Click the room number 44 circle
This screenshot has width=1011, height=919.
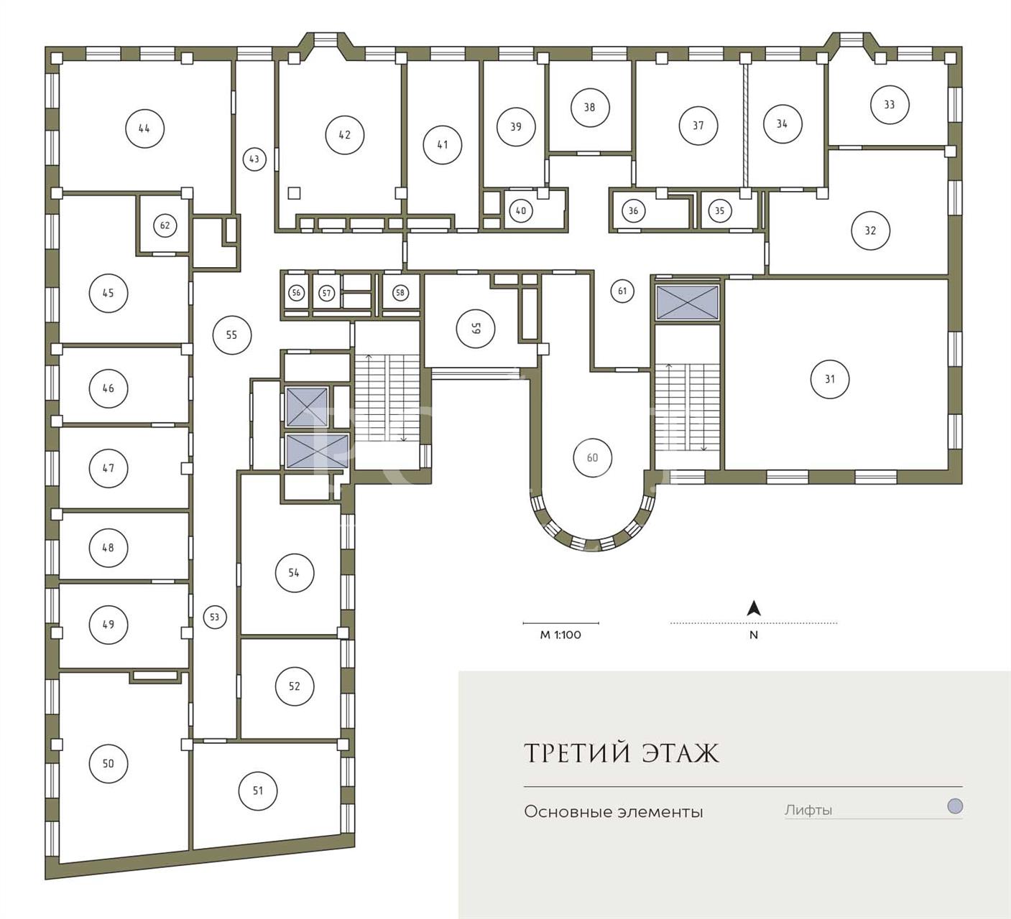pyautogui.click(x=144, y=129)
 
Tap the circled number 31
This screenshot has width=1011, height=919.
pyautogui.click(x=829, y=379)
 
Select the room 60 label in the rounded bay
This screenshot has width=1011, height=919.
pyautogui.click(x=593, y=457)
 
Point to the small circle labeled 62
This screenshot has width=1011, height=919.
pyautogui.click(x=165, y=225)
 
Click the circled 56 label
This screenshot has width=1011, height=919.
pyautogui.click(x=296, y=292)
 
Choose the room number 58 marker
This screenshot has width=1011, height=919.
pyautogui.click(x=400, y=292)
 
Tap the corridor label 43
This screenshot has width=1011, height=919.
pyautogui.click(x=254, y=159)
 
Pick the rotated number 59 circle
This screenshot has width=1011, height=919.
pyautogui.click(x=475, y=329)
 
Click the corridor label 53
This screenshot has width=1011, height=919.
pyautogui.click(x=215, y=617)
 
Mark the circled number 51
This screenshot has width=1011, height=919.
pyautogui.click(x=258, y=790)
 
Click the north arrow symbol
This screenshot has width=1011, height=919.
pyautogui.click(x=754, y=608)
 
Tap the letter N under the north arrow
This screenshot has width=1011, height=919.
pyautogui.click(x=754, y=635)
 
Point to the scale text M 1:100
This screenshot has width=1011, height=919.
pyautogui.click(x=560, y=635)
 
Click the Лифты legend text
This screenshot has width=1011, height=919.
pyautogui.click(x=808, y=811)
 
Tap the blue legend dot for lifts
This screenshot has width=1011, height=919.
pyautogui.click(x=954, y=806)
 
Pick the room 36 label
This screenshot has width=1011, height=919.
pyautogui.click(x=633, y=210)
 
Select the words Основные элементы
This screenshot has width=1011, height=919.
pyautogui.click(x=614, y=812)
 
